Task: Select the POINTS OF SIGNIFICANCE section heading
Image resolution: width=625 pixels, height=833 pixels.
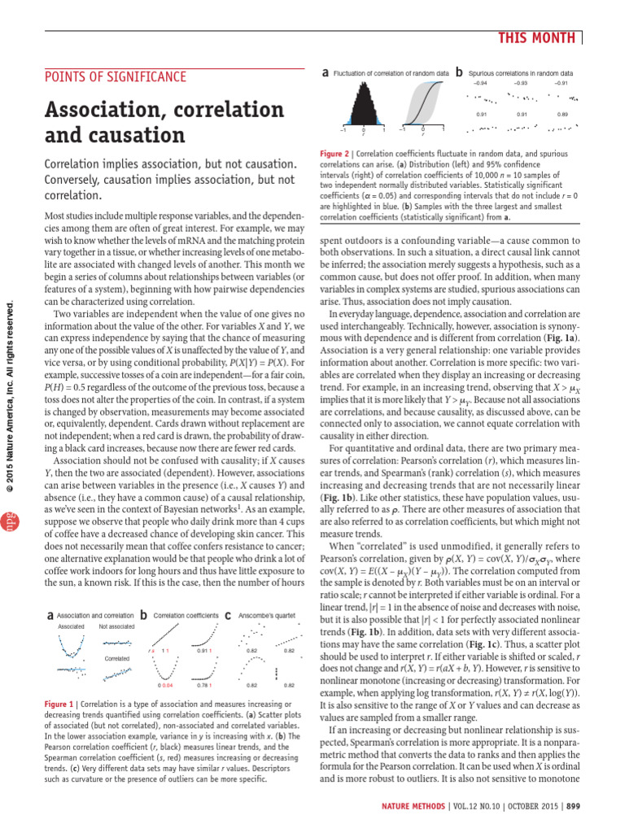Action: click(115, 77)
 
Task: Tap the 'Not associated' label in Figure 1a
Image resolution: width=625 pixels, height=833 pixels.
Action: click(116, 604)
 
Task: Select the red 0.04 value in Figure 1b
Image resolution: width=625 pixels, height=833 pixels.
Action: click(169, 685)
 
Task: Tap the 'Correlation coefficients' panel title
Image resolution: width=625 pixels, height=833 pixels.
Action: click(186, 593)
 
